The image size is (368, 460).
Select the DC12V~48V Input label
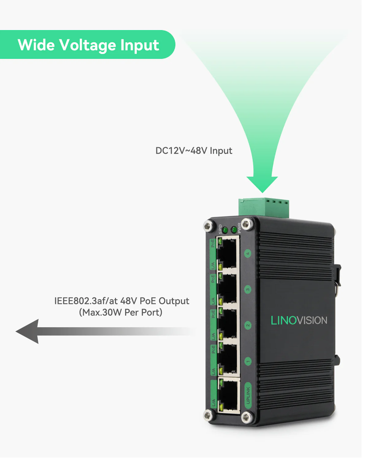(194, 151)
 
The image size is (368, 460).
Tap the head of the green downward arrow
(262, 184)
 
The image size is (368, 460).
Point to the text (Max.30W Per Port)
(121, 312)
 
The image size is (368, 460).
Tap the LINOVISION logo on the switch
(299, 320)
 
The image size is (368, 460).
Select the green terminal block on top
(264, 207)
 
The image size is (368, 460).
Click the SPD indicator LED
(225, 230)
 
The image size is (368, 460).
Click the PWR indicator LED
(234, 229)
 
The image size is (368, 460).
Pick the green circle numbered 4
(248, 253)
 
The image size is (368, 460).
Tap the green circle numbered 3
(248, 289)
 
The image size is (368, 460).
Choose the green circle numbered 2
(248, 325)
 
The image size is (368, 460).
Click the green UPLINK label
(248, 395)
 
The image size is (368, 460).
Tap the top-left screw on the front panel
(209, 226)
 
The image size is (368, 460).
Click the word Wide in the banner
(36, 45)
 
